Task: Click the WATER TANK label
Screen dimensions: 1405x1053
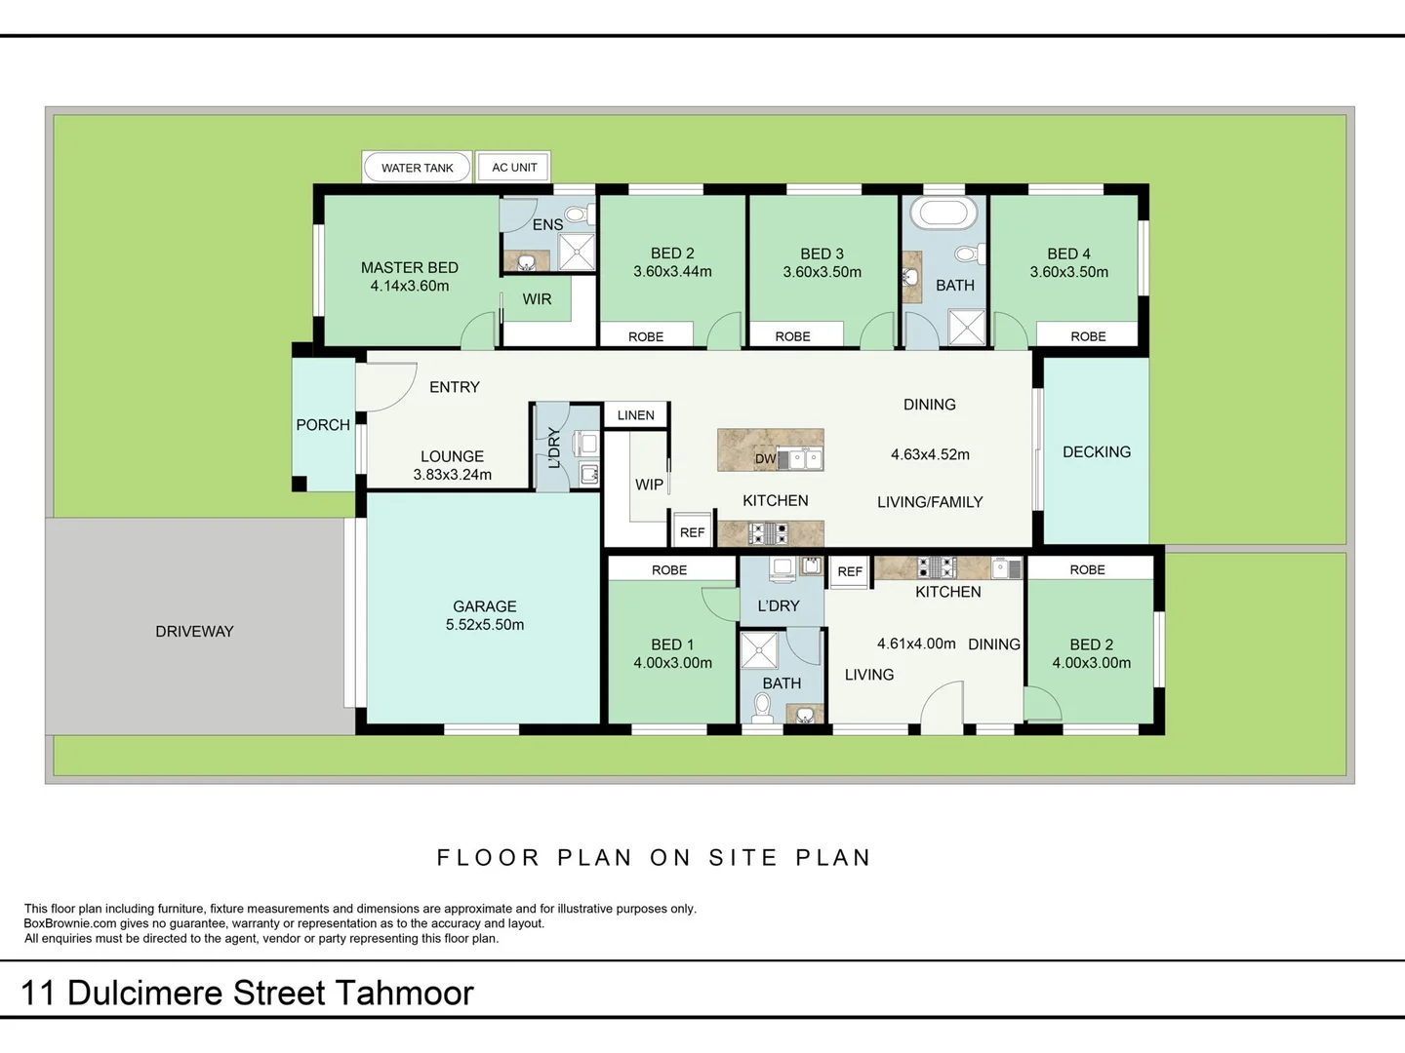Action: pos(418,168)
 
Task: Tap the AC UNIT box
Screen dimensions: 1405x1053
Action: pos(513,168)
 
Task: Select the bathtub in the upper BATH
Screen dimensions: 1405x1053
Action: pos(944,213)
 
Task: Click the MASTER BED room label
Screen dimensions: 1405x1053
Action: pos(410,267)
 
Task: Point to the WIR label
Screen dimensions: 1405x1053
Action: pos(537,299)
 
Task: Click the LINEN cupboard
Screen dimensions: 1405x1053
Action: pos(636,415)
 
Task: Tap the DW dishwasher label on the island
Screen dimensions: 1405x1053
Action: pos(765,458)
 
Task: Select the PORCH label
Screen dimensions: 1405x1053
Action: pos(323,424)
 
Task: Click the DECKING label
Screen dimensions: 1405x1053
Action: pos(1097,452)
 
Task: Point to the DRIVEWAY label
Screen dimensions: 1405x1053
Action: pos(194,632)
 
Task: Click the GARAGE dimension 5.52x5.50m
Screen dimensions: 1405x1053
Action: pos(485,625)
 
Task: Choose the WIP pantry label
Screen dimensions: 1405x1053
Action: pos(649,485)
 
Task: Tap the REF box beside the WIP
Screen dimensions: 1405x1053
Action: pos(692,530)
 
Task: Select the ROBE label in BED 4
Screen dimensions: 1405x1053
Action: pos(1088,336)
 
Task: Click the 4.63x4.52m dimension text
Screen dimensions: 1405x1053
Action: pos(930,454)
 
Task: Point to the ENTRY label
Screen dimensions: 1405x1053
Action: pos(455,387)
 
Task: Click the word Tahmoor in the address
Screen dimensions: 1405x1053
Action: pos(404,993)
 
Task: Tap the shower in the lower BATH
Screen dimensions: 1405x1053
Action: pos(759,651)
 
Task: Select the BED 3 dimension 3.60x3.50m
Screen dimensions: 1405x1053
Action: pos(822,272)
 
